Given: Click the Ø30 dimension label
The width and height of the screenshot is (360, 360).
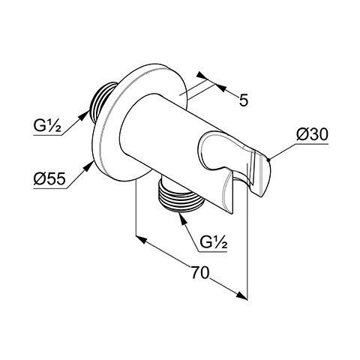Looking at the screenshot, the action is [312, 136].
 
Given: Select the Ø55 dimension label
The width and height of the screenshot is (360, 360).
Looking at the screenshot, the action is [49, 179].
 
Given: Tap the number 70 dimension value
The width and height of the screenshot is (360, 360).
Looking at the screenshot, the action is [200, 272].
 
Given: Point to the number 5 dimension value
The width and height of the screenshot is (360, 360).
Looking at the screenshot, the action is [244, 100].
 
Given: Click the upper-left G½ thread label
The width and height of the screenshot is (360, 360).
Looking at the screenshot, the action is [47, 127].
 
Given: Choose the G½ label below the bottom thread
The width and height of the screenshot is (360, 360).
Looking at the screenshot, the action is [214, 242].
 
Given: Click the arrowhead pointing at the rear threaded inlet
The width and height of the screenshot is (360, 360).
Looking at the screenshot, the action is [85, 115].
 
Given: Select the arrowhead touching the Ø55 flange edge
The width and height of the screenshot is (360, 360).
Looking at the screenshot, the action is [88, 166].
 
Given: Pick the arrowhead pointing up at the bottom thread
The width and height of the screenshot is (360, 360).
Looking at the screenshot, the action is [183, 219].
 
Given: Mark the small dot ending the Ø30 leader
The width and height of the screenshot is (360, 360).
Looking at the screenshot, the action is [268, 159].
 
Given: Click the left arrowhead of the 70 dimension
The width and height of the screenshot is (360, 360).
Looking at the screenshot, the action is [141, 239].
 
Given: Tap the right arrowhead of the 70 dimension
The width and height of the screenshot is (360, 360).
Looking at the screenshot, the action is [241, 295].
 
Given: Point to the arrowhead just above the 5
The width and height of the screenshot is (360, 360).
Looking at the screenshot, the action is [220, 88].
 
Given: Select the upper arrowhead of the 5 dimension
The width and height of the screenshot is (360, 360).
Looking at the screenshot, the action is [202, 76].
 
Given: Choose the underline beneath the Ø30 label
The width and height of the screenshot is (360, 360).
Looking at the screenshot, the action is [312, 144].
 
